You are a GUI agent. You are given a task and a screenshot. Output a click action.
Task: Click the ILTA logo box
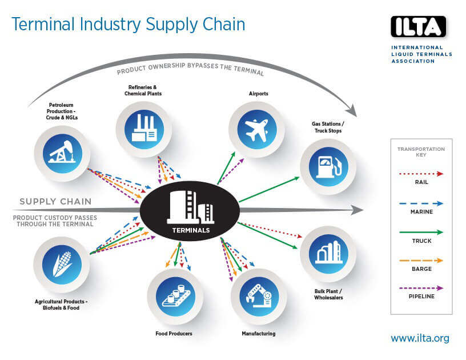tap(418, 26)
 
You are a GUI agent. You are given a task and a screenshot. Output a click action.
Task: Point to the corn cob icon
tap(61, 265)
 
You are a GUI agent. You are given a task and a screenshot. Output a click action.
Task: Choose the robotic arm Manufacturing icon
tap(258, 296)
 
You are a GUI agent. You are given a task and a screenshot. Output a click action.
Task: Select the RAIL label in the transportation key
tap(421, 182)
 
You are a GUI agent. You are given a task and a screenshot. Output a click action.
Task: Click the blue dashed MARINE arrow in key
tap(421, 203)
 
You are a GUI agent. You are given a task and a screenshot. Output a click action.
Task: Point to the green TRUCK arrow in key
tap(421, 232)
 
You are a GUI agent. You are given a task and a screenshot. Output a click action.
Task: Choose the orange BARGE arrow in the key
tap(421, 260)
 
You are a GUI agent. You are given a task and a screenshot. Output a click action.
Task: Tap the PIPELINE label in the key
tap(421, 296)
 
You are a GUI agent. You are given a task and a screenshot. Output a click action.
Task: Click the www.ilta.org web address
tap(420, 338)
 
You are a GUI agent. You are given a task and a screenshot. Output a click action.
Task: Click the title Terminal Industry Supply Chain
tap(128, 24)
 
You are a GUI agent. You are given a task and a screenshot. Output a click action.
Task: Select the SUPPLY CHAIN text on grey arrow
tap(55, 202)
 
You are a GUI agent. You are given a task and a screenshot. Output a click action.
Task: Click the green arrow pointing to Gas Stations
tap(268, 190)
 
